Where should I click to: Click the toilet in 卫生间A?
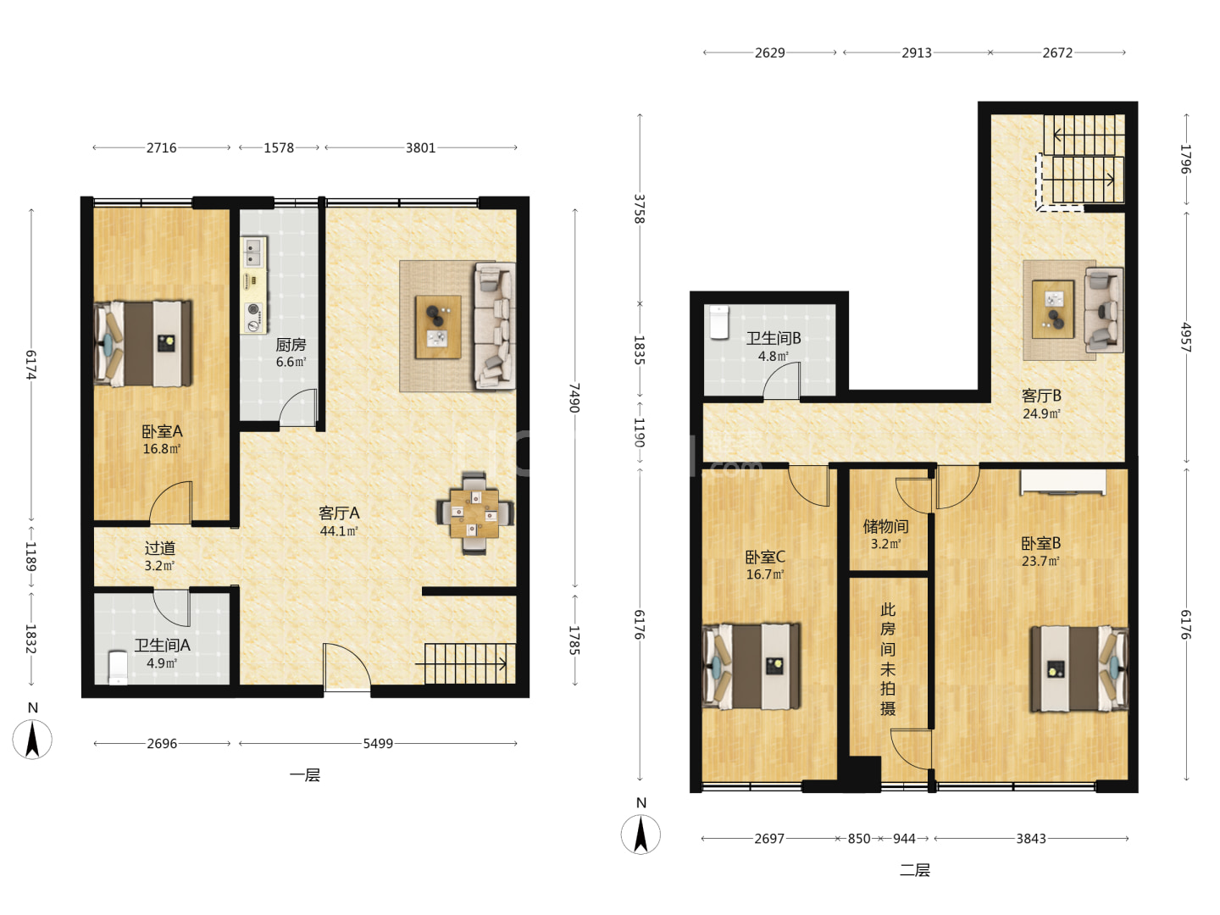[x=118, y=668]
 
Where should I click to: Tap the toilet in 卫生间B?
[x=719, y=322]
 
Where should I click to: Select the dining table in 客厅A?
[x=474, y=513]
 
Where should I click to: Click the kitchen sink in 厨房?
[x=253, y=252]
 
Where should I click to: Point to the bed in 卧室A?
[x=143, y=343]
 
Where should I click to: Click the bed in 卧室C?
[x=751, y=667]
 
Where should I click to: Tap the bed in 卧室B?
[x=1079, y=669]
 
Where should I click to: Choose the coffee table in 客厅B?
[x=1053, y=309]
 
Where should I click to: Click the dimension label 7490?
[x=574, y=398]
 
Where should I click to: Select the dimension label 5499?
[x=378, y=743]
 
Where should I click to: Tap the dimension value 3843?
[x=1031, y=839]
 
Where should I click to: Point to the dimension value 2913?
[x=917, y=53]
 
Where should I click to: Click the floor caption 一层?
[x=305, y=775]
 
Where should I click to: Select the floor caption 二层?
[x=915, y=870]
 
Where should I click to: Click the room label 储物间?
[x=885, y=525]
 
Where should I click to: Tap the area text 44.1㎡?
[x=339, y=531]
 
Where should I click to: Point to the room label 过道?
[x=160, y=548]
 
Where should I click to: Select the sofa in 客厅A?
[x=495, y=325]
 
